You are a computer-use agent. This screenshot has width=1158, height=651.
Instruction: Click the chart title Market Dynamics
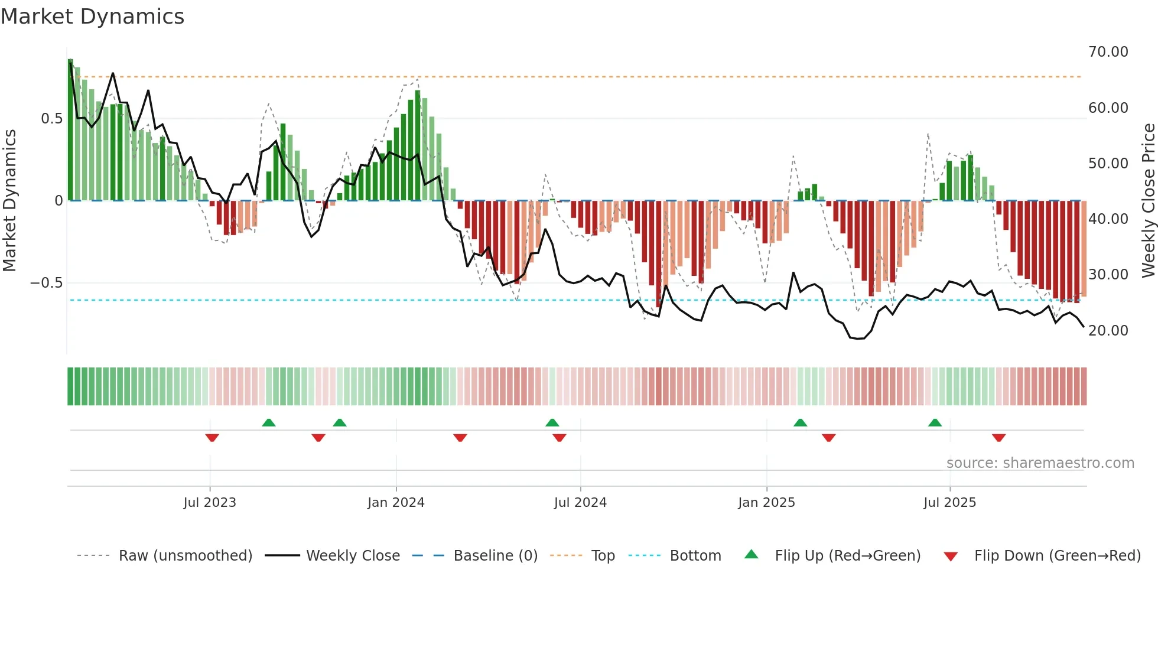(x=93, y=17)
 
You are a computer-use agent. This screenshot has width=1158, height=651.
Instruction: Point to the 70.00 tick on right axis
(x=1108, y=52)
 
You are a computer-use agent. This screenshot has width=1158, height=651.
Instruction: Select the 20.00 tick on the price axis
(x=1108, y=331)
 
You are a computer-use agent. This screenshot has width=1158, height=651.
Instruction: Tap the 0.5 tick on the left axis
(x=51, y=119)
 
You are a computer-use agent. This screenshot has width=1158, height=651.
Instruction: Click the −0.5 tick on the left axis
(x=46, y=283)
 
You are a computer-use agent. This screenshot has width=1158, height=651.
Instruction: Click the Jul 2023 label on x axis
(x=210, y=503)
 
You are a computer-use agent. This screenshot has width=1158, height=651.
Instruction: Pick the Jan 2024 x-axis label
(x=396, y=503)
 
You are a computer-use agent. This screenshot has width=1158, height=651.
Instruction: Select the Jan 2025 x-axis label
(x=766, y=503)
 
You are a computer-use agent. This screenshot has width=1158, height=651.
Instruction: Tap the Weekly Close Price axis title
(x=1148, y=201)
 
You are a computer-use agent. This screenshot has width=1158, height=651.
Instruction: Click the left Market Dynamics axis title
(x=9, y=201)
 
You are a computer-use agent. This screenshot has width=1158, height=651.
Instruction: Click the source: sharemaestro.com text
(x=1040, y=463)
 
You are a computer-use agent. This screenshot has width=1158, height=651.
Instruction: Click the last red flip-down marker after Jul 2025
(x=998, y=438)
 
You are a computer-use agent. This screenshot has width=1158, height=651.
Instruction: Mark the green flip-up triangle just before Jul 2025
(x=935, y=423)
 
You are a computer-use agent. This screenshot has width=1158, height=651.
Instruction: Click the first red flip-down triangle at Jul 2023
(x=212, y=438)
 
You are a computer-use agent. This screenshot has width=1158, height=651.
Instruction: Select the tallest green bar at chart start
(x=70, y=130)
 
